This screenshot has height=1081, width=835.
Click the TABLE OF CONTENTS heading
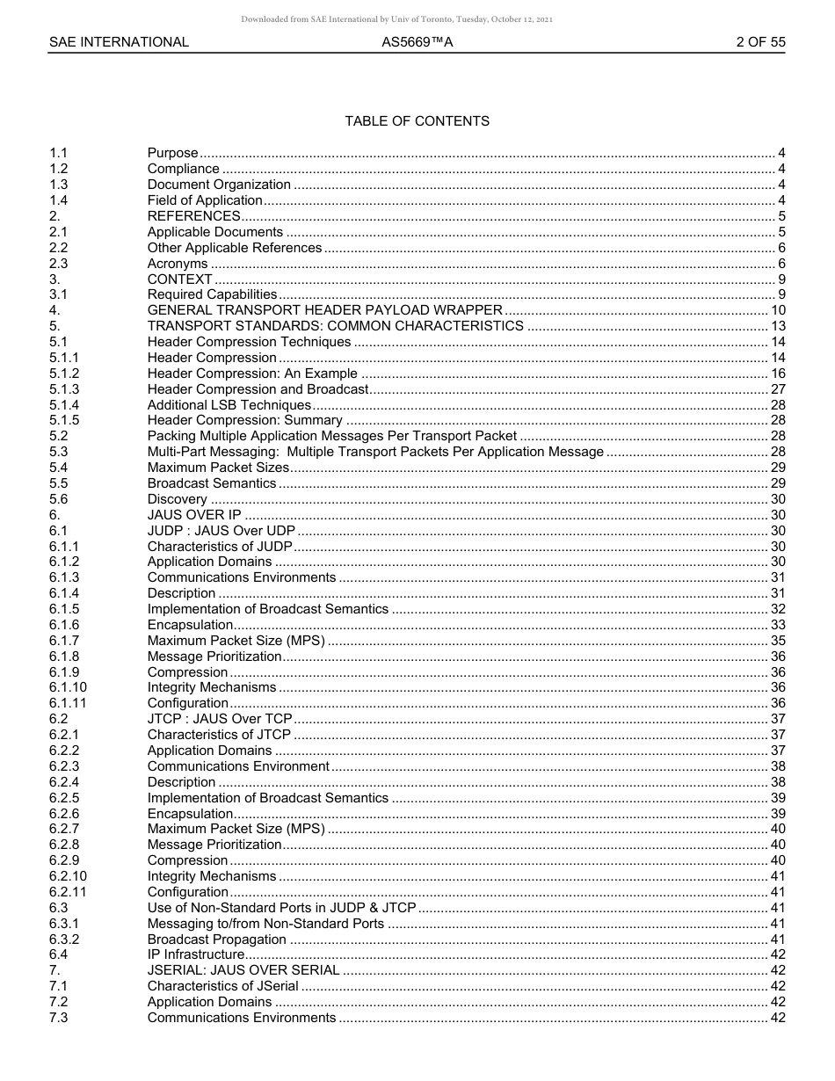tap(417, 121)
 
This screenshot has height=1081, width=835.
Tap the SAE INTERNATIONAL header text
tap(119, 41)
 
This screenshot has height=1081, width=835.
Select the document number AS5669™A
tap(417, 41)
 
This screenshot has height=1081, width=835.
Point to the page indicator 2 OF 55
tap(760, 41)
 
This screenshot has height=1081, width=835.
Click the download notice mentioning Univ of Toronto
tap(396, 18)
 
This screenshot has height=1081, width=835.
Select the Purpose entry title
tap(172, 153)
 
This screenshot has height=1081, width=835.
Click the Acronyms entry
tap(178, 264)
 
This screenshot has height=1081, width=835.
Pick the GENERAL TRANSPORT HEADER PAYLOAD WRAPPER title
tap(324, 310)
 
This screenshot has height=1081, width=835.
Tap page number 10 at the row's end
tap(777, 310)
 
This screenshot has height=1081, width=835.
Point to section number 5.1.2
tap(64, 374)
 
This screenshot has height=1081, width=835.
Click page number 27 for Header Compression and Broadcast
tap(777, 389)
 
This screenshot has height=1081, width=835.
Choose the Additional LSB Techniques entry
tap(229, 405)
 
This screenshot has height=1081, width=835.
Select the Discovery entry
tap(177, 499)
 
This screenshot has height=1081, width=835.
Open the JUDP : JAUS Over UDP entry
tap(221, 531)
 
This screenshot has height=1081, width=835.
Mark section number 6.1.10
tap(68, 687)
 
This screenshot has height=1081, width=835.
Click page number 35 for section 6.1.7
tap(777, 641)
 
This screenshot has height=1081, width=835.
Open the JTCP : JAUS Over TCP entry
tap(220, 719)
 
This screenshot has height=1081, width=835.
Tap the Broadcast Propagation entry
tap(216, 940)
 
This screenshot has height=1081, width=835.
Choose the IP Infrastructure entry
tap(195, 954)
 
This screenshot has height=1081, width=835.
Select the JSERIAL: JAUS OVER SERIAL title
tap(243, 970)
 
